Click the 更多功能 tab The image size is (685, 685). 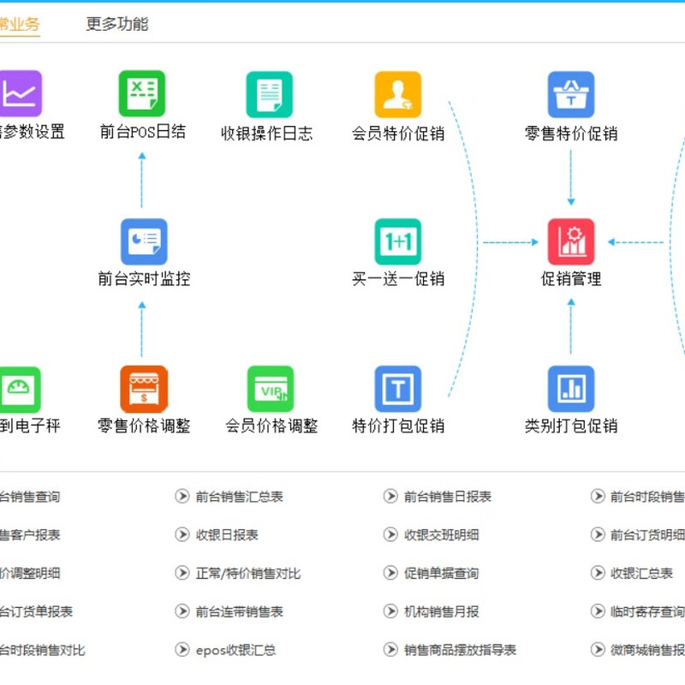(x=117, y=24)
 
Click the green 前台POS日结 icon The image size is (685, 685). (x=142, y=93)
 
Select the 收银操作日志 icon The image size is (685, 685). (x=269, y=94)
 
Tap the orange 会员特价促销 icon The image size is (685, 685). (x=398, y=94)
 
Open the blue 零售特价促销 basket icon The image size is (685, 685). (x=571, y=94)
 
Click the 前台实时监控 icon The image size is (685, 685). (x=143, y=241)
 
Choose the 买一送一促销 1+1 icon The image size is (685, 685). (x=398, y=241)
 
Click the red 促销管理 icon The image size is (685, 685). (x=571, y=241)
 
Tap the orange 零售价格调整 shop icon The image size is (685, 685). (x=143, y=389)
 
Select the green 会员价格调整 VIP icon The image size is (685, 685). (x=271, y=389)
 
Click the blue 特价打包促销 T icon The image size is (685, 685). (x=398, y=389)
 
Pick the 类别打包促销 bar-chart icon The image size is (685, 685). (x=571, y=389)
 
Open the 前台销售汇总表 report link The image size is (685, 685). (x=239, y=497)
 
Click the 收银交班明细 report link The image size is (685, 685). (x=441, y=535)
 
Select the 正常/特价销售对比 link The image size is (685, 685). (x=247, y=574)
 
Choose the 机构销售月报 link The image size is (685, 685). (x=441, y=612)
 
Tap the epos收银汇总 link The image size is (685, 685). (x=235, y=651)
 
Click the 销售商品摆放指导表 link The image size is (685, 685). (x=460, y=651)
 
